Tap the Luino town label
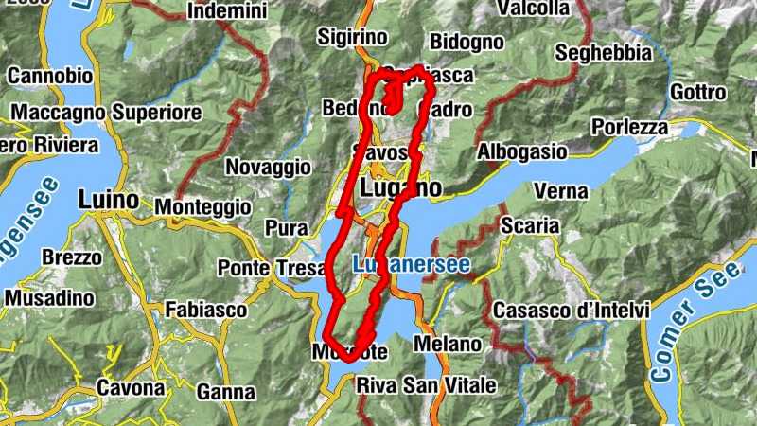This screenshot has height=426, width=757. pos(109,201)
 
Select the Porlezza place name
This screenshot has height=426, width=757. pos(629,127)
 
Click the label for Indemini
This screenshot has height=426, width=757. pos(228,11)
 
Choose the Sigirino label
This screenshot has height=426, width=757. pos(352,37)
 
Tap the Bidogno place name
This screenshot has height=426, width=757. pos(467,42)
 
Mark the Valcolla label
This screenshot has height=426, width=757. pos(533,9)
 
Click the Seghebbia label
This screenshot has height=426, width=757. pos(603,52)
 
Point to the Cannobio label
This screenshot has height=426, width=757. pos(50,75)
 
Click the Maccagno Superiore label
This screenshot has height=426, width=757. pos(107,113)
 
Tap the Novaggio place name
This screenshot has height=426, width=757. pos(268,167)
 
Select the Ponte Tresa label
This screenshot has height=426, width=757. pos(272,268)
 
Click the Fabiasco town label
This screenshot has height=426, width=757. pos(205,310)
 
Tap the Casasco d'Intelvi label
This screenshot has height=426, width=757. pos(571,311)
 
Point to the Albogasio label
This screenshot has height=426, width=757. pos(522,151)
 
